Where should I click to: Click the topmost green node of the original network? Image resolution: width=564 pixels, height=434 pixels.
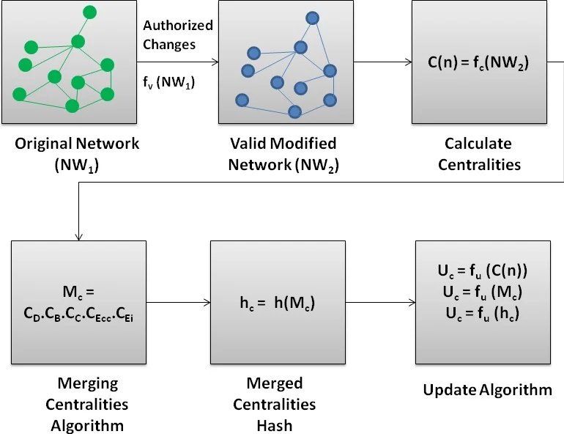point(89,12)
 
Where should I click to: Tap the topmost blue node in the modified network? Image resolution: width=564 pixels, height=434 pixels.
point(312,18)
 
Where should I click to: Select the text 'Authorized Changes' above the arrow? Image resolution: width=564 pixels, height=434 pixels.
point(178,34)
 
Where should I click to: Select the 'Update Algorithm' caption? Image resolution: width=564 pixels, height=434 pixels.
point(487,390)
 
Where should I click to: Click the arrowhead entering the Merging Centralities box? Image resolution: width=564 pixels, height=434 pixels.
point(78,235)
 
